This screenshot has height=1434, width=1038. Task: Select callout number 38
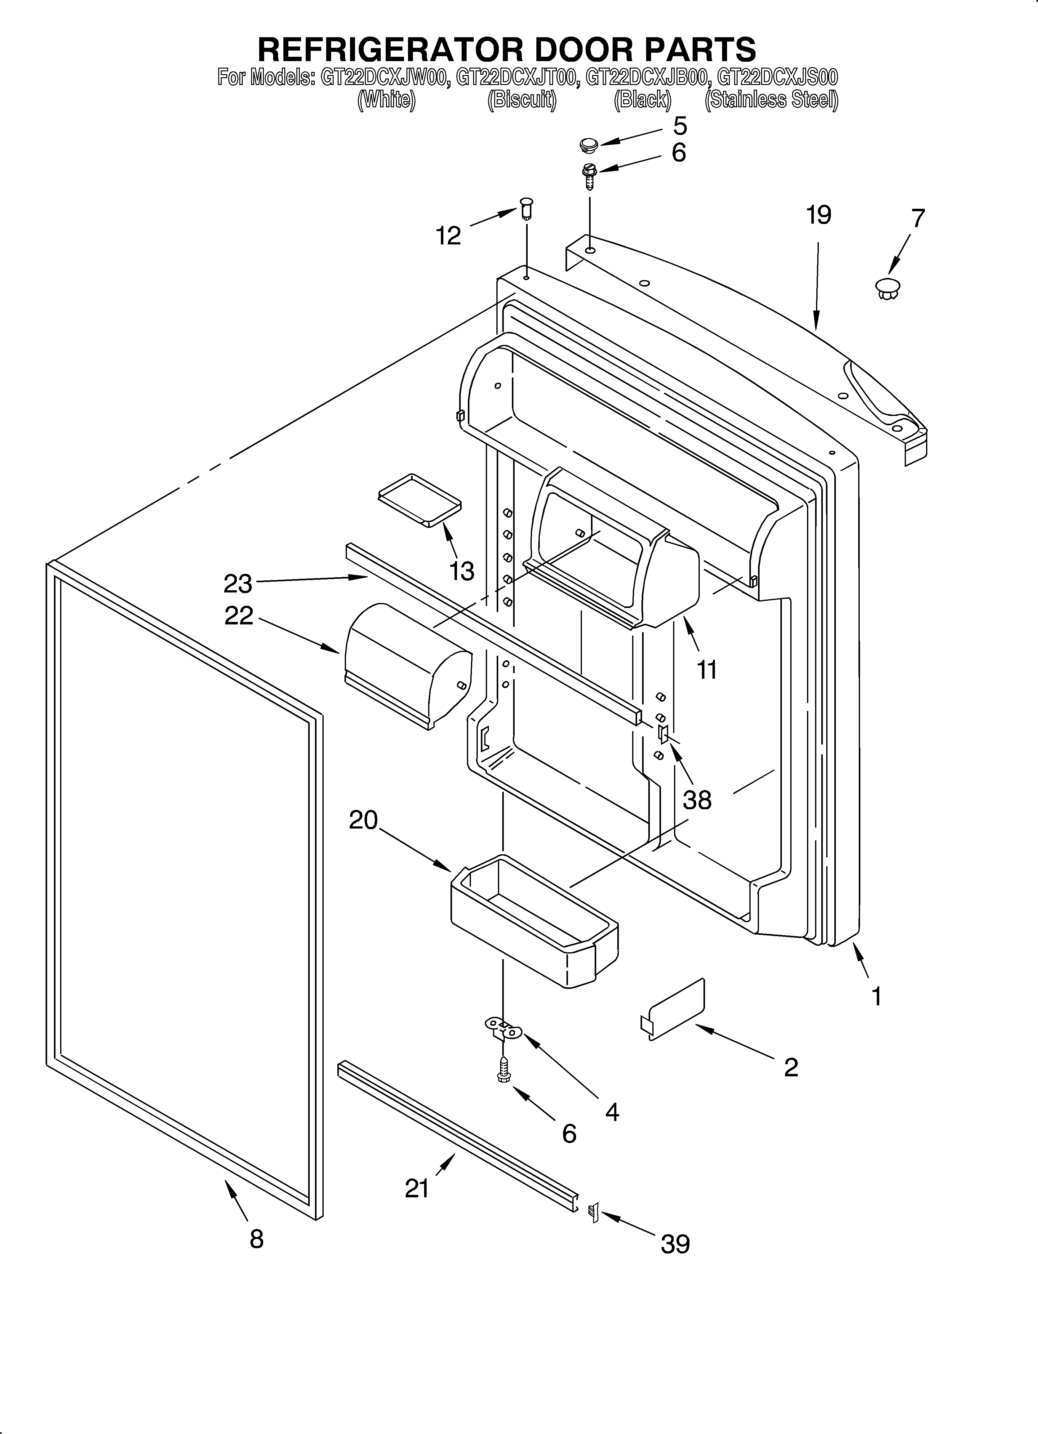pyautogui.click(x=697, y=800)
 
